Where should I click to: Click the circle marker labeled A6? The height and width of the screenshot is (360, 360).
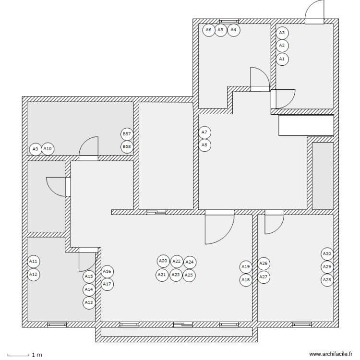[208, 30]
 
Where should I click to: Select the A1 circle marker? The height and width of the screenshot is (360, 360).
[282, 59]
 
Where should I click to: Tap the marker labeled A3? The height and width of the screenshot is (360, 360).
[282, 33]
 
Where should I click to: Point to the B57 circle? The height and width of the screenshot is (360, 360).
[127, 134]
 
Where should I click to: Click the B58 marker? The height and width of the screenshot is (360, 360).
[127, 146]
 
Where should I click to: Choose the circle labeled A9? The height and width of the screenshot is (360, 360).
[35, 149]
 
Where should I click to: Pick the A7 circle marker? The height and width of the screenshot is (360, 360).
[204, 132]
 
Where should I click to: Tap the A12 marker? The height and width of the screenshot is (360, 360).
[33, 275]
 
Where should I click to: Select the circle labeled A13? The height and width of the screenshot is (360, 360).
[89, 302]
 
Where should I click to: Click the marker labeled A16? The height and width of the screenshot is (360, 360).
[107, 272]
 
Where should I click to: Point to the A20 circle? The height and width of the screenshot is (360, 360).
[163, 261]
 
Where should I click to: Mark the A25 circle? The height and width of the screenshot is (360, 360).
[189, 276]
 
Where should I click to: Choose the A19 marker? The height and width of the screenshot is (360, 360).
[246, 267]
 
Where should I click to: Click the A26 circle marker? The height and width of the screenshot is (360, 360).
[264, 263]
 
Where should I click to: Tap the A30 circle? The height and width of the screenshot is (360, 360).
[327, 253]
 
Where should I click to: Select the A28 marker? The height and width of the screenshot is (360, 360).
[327, 279]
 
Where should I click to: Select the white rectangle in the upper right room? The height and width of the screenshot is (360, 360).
[306, 125]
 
